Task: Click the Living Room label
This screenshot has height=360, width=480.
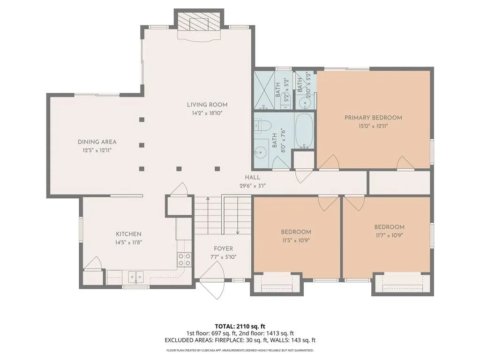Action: pos(207,105)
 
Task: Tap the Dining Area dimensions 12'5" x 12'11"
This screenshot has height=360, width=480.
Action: pos(97,150)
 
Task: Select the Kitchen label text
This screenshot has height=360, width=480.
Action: pos(128,234)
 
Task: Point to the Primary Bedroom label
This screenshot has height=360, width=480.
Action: pos(373,118)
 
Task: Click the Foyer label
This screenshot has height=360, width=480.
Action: pos(224,249)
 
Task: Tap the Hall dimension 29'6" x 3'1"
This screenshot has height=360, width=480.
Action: pos(253,186)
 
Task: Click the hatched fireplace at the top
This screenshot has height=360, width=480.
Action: pos(199,22)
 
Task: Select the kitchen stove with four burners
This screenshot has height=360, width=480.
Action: pos(185,260)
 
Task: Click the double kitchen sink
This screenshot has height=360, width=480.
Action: pos(135,277)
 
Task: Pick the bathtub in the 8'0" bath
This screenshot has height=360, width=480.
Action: pos(304,131)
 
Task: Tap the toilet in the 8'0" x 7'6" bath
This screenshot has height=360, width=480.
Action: pos(263,126)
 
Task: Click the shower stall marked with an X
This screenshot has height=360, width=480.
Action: pos(264,90)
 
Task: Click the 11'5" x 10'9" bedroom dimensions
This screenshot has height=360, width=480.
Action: pos(296,240)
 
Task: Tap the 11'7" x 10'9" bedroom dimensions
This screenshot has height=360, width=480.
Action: pos(390,235)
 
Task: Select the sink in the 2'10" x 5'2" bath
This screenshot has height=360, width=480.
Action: pos(304,102)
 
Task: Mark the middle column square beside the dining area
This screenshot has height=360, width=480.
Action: pos(142,145)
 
